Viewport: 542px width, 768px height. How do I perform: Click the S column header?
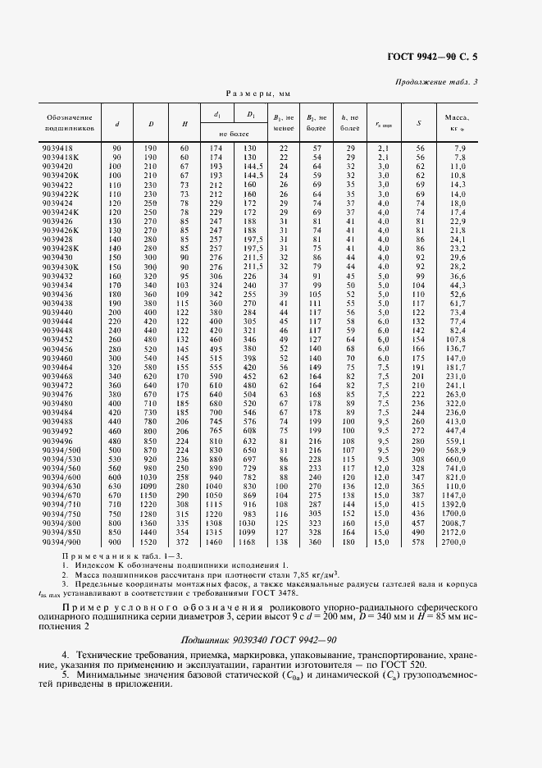(419, 123)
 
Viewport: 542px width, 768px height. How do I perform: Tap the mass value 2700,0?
(454, 542)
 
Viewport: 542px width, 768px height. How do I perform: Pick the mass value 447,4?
(456, 430)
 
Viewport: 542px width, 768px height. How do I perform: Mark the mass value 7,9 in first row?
(460, 147)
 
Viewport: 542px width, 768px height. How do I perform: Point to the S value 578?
(419, 542)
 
